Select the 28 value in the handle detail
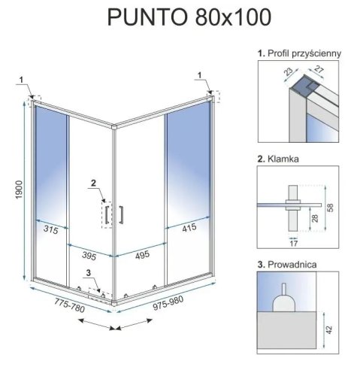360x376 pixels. [313, 217]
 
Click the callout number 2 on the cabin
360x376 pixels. [92, 183]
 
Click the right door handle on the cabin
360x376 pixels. [119, 214]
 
